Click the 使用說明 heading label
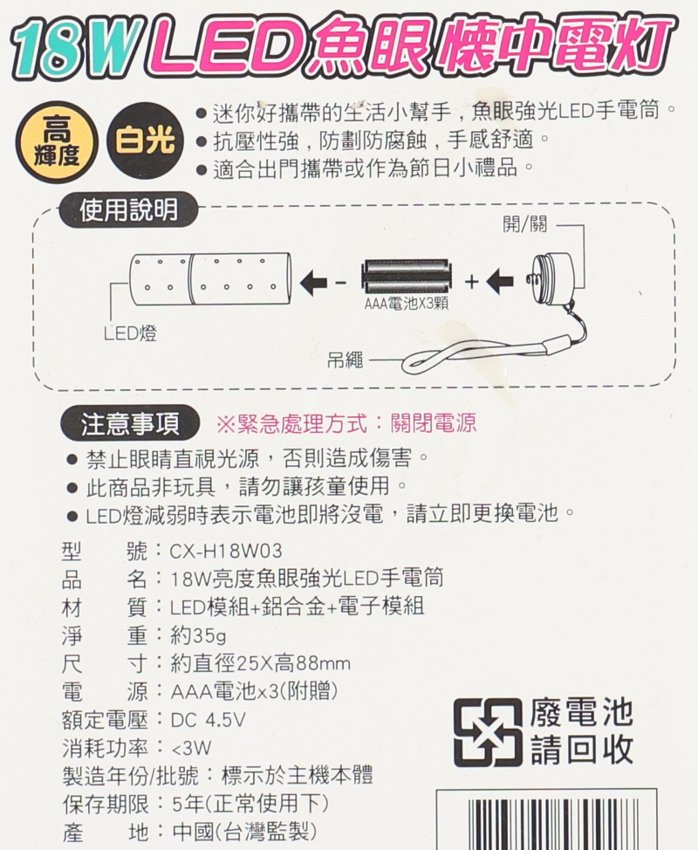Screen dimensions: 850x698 tap(128, 209)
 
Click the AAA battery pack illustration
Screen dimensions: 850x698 tap(407, 280)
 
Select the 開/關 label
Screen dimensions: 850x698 tap(524, 224)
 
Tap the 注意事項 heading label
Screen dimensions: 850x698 tap(131, 424)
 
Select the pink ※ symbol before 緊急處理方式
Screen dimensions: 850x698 tap(226, 425)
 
